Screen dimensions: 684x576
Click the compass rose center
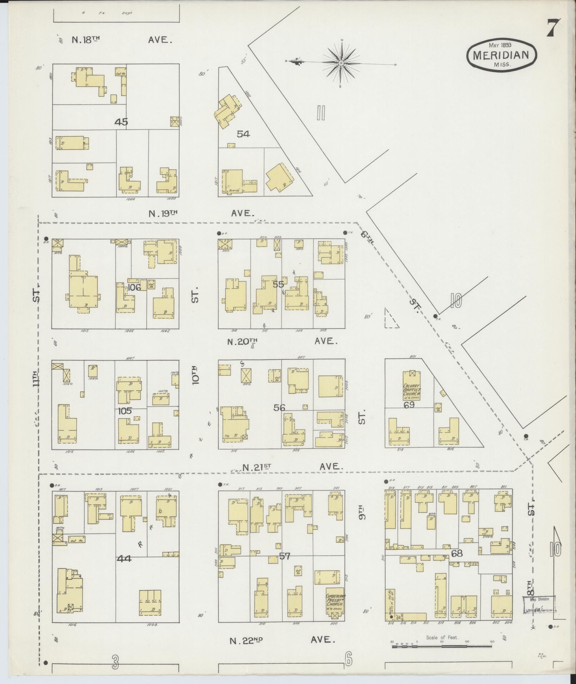(x=341, y=63)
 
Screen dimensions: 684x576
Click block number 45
(x=121, y=122)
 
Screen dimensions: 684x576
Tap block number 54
(x=243, y=134)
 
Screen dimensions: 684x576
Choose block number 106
(x=134, y=287)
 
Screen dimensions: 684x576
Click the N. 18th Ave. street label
(x=121, y=40)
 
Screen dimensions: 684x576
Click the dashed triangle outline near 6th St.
(x=390, y=319)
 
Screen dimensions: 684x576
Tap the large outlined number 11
(x=320, y=113)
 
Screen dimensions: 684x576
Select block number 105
(x=125, y=411)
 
